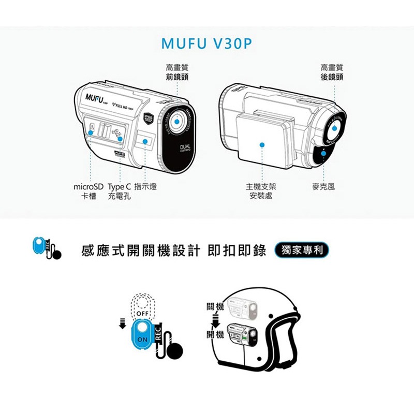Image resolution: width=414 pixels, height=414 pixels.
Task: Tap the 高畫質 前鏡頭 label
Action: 176,72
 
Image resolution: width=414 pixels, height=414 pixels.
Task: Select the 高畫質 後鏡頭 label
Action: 331,72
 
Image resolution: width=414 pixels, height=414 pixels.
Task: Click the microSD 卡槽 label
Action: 88,191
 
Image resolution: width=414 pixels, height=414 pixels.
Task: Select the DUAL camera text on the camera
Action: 184,148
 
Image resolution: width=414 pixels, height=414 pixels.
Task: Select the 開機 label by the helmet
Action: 215,335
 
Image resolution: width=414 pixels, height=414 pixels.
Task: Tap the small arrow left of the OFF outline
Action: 123,323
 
